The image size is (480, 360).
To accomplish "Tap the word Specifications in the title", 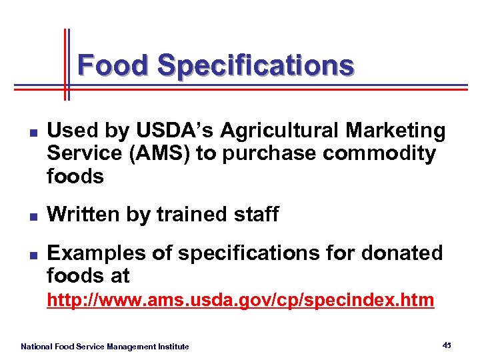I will tap(255, 65).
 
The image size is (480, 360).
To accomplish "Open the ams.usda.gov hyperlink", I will tap(240, 301).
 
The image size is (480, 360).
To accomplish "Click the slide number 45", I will tap(446, 345).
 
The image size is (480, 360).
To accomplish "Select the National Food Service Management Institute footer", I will tap(105, 347).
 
